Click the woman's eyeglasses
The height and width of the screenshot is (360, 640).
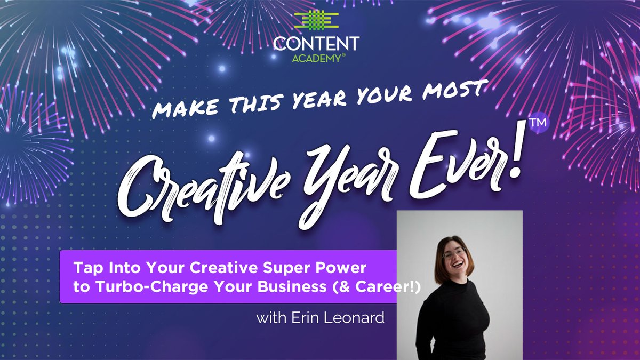pyautogui.click(x=453, y=253)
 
